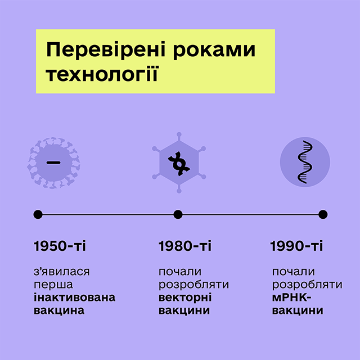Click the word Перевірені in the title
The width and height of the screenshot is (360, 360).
tap(106, 50)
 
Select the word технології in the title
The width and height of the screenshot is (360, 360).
tap(102, 74)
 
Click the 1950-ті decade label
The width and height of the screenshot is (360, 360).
tap(60, 246)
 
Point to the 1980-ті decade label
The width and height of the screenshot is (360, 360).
tap(185, 246)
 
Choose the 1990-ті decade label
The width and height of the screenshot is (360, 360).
tap(296, 246)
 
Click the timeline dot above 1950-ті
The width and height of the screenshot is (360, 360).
tap(38, 214)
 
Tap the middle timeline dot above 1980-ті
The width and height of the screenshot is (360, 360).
tap(178, 214)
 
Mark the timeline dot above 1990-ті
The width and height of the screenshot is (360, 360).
tap(323, 214)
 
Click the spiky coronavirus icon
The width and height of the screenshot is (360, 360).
tap(53, 163)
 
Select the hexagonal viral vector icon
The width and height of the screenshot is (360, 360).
tap(179, 163)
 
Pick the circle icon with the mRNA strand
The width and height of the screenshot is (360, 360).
tap(305, 162)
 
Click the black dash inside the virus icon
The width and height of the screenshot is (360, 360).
tap(53, 163)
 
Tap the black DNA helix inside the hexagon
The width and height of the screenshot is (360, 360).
tap(179, 164)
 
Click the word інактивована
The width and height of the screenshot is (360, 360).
tap(75, 298)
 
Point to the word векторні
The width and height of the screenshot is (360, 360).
tap(185, 298)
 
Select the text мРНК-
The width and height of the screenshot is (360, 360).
tap(291, 298)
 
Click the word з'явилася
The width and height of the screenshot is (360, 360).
tap(61, 272)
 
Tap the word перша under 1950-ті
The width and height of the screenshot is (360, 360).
tap(53, 285)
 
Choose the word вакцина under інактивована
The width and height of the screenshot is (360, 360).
tap(59, 310)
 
